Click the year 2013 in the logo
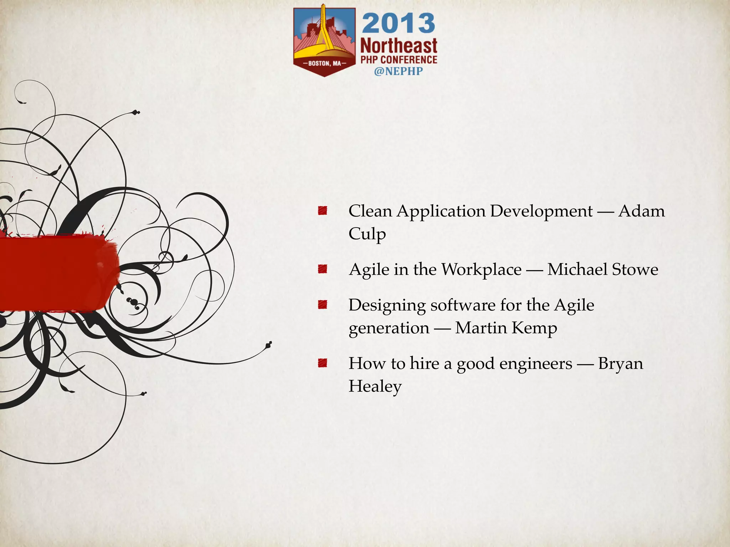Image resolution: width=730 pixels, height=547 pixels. click(x=399, y=24)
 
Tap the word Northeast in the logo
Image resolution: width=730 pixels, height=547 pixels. click(x=399, y=46)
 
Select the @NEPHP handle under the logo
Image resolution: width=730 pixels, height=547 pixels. click(x=398, y=71)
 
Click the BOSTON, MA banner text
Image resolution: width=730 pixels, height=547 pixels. click(x=324, y=64)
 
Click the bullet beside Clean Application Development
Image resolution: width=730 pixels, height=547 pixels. click(x=323, y=210)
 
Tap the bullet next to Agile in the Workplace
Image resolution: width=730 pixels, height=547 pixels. click(x=323, y=269)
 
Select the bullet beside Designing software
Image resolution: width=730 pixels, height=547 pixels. click(x=323, y=304)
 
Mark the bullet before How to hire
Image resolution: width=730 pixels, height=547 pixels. click(x=323, y=363)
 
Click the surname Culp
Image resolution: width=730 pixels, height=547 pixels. click(x=367, y=234)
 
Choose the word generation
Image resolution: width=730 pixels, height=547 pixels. click(x=389, y=328)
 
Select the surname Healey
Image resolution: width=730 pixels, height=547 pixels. click(x=375, y=387)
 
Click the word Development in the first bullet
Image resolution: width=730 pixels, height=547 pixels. click(x=541, y=211)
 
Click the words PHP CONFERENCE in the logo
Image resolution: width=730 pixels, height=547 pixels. click(x=399, y=60)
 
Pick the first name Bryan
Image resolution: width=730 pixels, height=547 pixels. click(x=621, y=364)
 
